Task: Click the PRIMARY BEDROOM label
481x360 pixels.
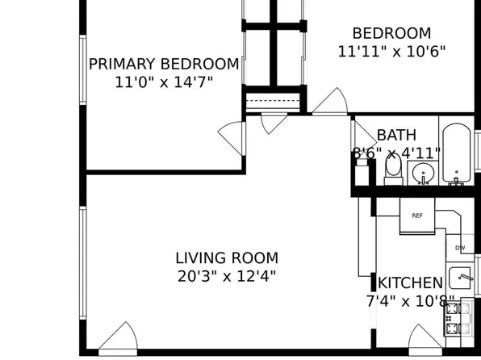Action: tap(164, 64)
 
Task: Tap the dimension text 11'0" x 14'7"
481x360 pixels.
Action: tap(164, 82)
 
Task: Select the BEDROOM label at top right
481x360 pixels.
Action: tap(391, 33)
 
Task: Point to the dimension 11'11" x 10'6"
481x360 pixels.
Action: tap(391, 50)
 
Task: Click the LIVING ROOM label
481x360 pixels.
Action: tap(227, 258)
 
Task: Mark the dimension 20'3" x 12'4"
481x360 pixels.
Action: tap(227, 276)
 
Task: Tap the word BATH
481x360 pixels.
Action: tap(396, 135)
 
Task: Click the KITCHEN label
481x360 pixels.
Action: tap(410, 283)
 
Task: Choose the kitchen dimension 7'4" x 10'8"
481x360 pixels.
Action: tap(410, 301)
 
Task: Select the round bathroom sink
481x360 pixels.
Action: tap(422, 172)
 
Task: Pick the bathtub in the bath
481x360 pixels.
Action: tap(457, 155)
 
